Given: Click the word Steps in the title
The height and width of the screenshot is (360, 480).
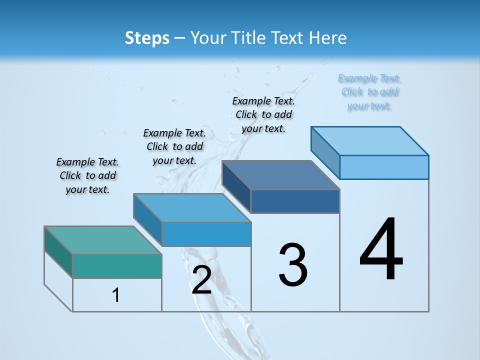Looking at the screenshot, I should point(147,38).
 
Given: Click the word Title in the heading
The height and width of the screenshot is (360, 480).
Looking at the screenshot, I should point(248,38).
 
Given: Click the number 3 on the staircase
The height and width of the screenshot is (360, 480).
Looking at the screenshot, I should point(293,265).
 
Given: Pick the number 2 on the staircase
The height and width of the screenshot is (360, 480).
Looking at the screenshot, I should point(201,280).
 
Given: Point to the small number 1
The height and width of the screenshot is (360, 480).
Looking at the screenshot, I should point(116,295).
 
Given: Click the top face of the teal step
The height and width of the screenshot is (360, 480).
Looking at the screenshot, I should point(102,240).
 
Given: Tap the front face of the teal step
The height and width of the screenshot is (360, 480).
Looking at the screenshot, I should point(117,266).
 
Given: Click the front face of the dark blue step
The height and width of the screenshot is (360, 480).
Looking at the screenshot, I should point(295,201).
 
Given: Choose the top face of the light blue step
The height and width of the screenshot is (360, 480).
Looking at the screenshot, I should point(370,140).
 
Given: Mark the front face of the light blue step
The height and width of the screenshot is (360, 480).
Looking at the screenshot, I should point(384,167).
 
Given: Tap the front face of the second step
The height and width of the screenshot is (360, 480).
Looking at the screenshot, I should point(206,234).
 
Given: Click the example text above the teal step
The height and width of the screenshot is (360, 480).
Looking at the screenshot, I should point(87,175).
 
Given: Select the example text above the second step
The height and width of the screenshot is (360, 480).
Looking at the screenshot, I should point(174,146).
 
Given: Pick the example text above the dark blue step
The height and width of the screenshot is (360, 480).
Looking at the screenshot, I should point(263,114).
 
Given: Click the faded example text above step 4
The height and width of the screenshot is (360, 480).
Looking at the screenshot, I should point(369,92).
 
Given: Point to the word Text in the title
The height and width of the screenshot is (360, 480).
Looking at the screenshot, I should point(286,38).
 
